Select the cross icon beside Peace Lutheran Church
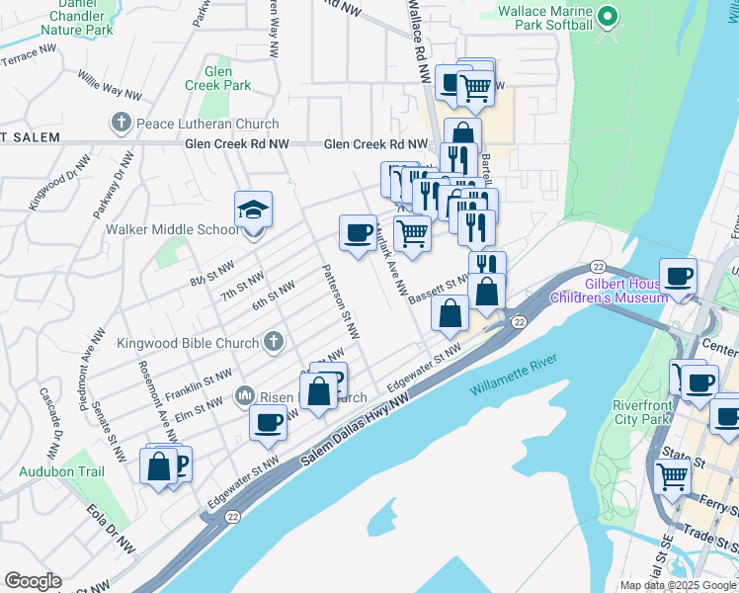tap(121, 124)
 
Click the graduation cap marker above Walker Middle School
tap(253, 211)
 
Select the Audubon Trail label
tap(61, 471)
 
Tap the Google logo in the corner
tap(33, 581)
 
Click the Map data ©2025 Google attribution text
tap(679, 585)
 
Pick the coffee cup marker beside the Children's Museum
tap(679, 276)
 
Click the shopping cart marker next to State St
tap(673, 476)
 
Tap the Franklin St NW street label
tap(205, 379)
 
